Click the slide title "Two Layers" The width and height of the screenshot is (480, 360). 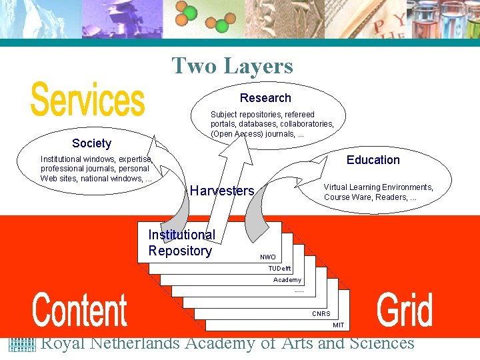click(x=232, y=66)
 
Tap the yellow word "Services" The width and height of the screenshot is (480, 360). click(x=87, y=100)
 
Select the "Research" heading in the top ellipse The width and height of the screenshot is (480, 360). click(x=265, y=98)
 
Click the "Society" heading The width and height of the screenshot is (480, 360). click(x=92, y=143)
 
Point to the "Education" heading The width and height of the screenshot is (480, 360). click(x=373, y=160)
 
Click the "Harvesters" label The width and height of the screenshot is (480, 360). click(x=222, y=191)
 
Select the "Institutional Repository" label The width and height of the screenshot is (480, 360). click(x=181, y=243)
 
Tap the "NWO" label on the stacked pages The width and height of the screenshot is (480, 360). click(x=268, y=257)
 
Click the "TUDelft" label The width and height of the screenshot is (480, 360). click(x=280, y=269)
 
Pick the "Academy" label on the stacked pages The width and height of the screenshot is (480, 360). click(x=287, y=280)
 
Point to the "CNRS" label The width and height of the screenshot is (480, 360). click(x=321, y=314)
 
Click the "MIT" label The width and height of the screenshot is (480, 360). click(x=339, y=325)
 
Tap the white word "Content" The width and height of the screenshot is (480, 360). click(x=80, y=311)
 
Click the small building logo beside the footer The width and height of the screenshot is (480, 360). click(x=21, y=344)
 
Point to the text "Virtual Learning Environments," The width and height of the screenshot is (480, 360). click(x=378, y=187)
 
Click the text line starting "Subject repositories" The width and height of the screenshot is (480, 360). click(x=263, y=115)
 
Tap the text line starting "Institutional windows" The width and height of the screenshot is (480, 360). click(x=97, y=159)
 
